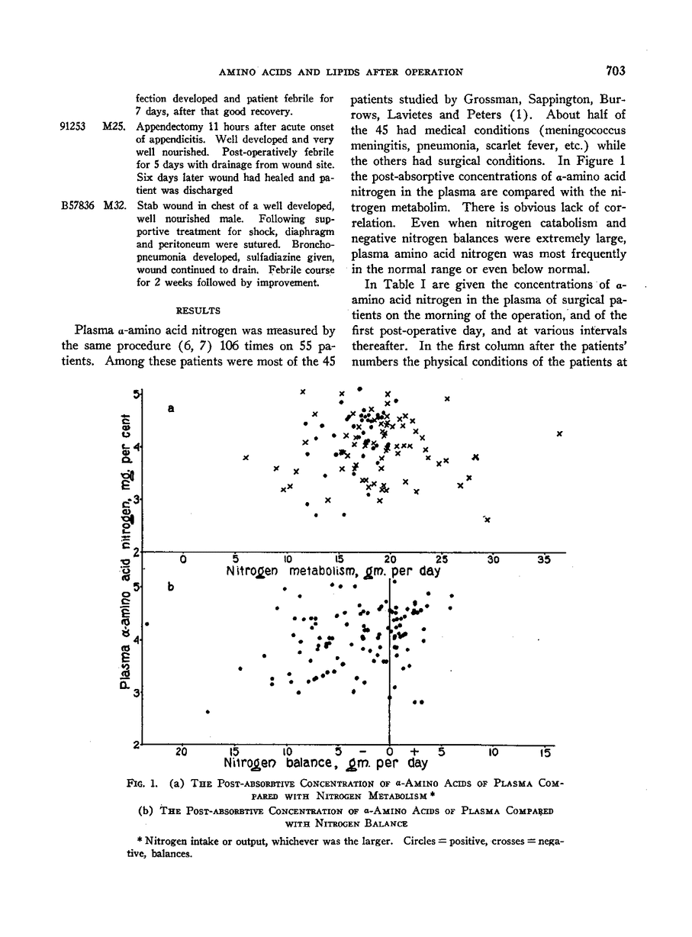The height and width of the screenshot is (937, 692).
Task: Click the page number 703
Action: pos(616,72)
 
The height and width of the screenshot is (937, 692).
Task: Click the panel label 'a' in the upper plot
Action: pos(172,409)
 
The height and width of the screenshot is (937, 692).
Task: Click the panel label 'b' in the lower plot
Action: pos(172,588)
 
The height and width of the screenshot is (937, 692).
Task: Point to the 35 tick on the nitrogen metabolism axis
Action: pos(544,559)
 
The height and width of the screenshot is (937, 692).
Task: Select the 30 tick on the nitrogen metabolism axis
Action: pos(493,559)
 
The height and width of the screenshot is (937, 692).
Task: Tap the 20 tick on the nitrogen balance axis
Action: pos(182,752)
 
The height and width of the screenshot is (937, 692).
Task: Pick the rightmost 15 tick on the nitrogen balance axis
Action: pos(544,752)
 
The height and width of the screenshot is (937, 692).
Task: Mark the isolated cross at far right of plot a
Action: pos(559,433)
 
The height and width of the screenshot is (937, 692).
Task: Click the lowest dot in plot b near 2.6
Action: pos(208,712)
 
